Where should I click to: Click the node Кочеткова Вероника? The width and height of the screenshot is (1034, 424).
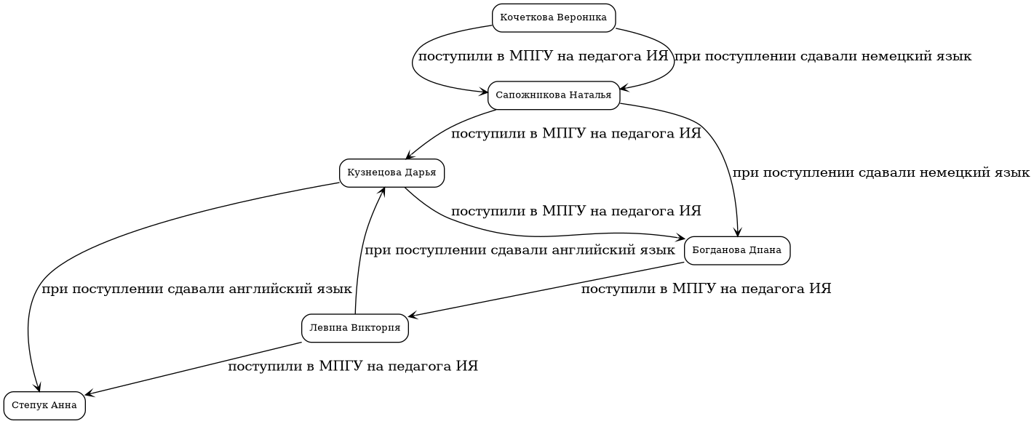(554, 18)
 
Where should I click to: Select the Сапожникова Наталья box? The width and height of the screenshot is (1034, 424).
(554, 95)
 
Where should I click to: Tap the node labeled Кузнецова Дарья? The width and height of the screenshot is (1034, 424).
(391, 173)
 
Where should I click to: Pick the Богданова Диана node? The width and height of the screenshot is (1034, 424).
(737, 251)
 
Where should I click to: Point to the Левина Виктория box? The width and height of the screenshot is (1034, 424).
(355, 329)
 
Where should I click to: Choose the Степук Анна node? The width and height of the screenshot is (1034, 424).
(44, 406)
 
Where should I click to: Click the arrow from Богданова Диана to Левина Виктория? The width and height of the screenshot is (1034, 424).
(546, 289)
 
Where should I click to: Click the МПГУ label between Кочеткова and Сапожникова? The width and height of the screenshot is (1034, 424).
(544, 57)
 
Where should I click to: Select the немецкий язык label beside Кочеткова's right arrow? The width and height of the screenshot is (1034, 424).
(822, 57)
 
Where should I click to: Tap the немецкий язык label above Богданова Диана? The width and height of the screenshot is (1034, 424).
(880, 173)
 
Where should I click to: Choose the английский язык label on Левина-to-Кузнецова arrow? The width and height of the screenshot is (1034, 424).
(520, 251)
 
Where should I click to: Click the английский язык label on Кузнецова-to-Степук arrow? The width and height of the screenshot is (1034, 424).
(196, 289)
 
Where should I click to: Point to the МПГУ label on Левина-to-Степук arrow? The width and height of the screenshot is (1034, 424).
(353, 367)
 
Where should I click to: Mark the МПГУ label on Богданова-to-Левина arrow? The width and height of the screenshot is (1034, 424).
(706, 289)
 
